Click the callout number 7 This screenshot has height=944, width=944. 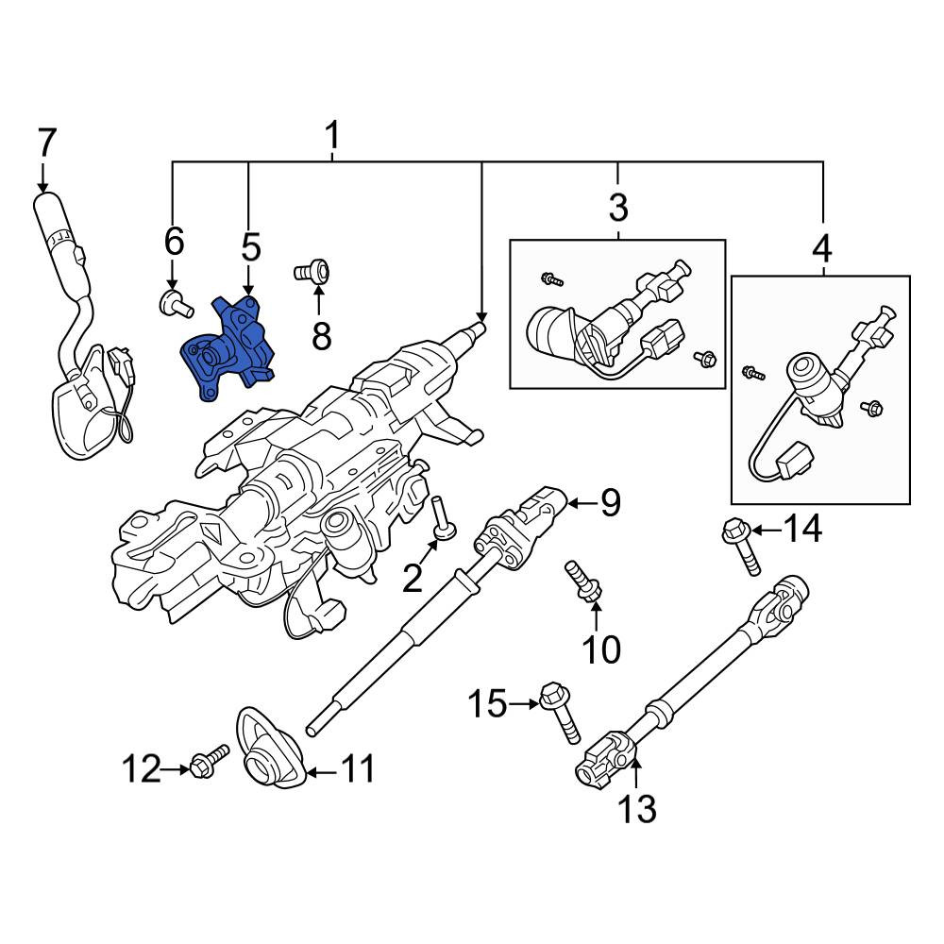[x=45, y=143]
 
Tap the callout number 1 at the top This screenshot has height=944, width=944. [x=331, y=135]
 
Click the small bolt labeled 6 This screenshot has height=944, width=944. [x=176, y=303]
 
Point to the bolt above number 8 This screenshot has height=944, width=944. [x=312, y=272]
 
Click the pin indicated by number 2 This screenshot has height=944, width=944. [x=445, y=516]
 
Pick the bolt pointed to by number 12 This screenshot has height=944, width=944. [x=210, y=761]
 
